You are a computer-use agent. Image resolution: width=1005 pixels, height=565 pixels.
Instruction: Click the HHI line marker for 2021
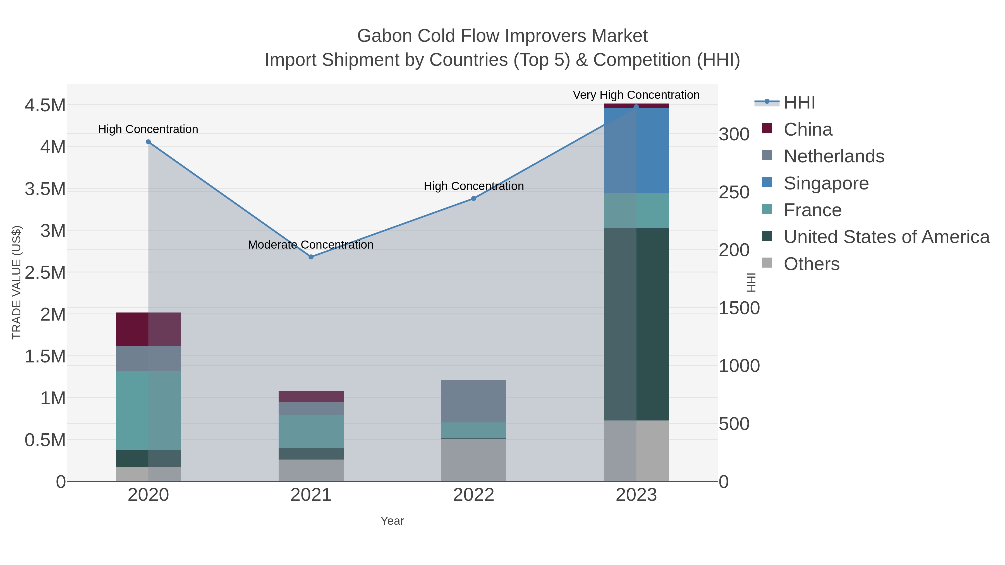pyautogui.click(x=311, y=257)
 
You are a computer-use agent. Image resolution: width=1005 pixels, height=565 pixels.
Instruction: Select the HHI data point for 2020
pyautogui.click(x=148, y=142)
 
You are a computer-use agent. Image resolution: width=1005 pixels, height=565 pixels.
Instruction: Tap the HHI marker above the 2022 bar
pyautogui.click(x=474, y=198)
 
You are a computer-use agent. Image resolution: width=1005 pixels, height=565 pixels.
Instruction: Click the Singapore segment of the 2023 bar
pyautogui.click(x=636, y=150)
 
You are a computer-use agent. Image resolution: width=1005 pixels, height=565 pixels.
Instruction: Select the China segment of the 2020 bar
pyautogui.click(x=148, y=329)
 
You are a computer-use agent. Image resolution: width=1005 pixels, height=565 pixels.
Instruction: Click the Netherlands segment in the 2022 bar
pyautogui.click(x=474, y=401)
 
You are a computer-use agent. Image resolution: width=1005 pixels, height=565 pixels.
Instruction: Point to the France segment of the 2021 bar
pyautogui.click(x=311, y=431)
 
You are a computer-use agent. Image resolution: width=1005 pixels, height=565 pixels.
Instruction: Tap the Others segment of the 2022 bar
pyautogui.click(x=474, y=460)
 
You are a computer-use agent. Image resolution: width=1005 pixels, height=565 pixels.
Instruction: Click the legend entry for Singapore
pyautogui.click(x=826, y=183)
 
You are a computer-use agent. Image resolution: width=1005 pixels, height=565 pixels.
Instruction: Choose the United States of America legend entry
pyautogui.click(x=886, y=237)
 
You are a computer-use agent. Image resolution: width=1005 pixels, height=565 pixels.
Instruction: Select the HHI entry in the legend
pyautogui.click(x=799, y=103)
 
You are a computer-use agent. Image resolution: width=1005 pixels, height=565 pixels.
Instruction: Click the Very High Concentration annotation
pyautogui.click(x=636, y=95)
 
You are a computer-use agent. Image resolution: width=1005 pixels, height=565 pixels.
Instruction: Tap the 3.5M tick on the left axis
pyautogui.click(x=45, y=189)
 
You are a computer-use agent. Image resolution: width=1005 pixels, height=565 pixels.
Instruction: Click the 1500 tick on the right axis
pyautogui.click(x=739, y=308)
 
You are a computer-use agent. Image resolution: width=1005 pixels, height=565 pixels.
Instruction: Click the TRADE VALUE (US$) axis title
pyautogui.click(x=16, y=282)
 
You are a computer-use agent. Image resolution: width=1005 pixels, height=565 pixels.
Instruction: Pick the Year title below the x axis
pyautogui.click(x=392, y=521)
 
